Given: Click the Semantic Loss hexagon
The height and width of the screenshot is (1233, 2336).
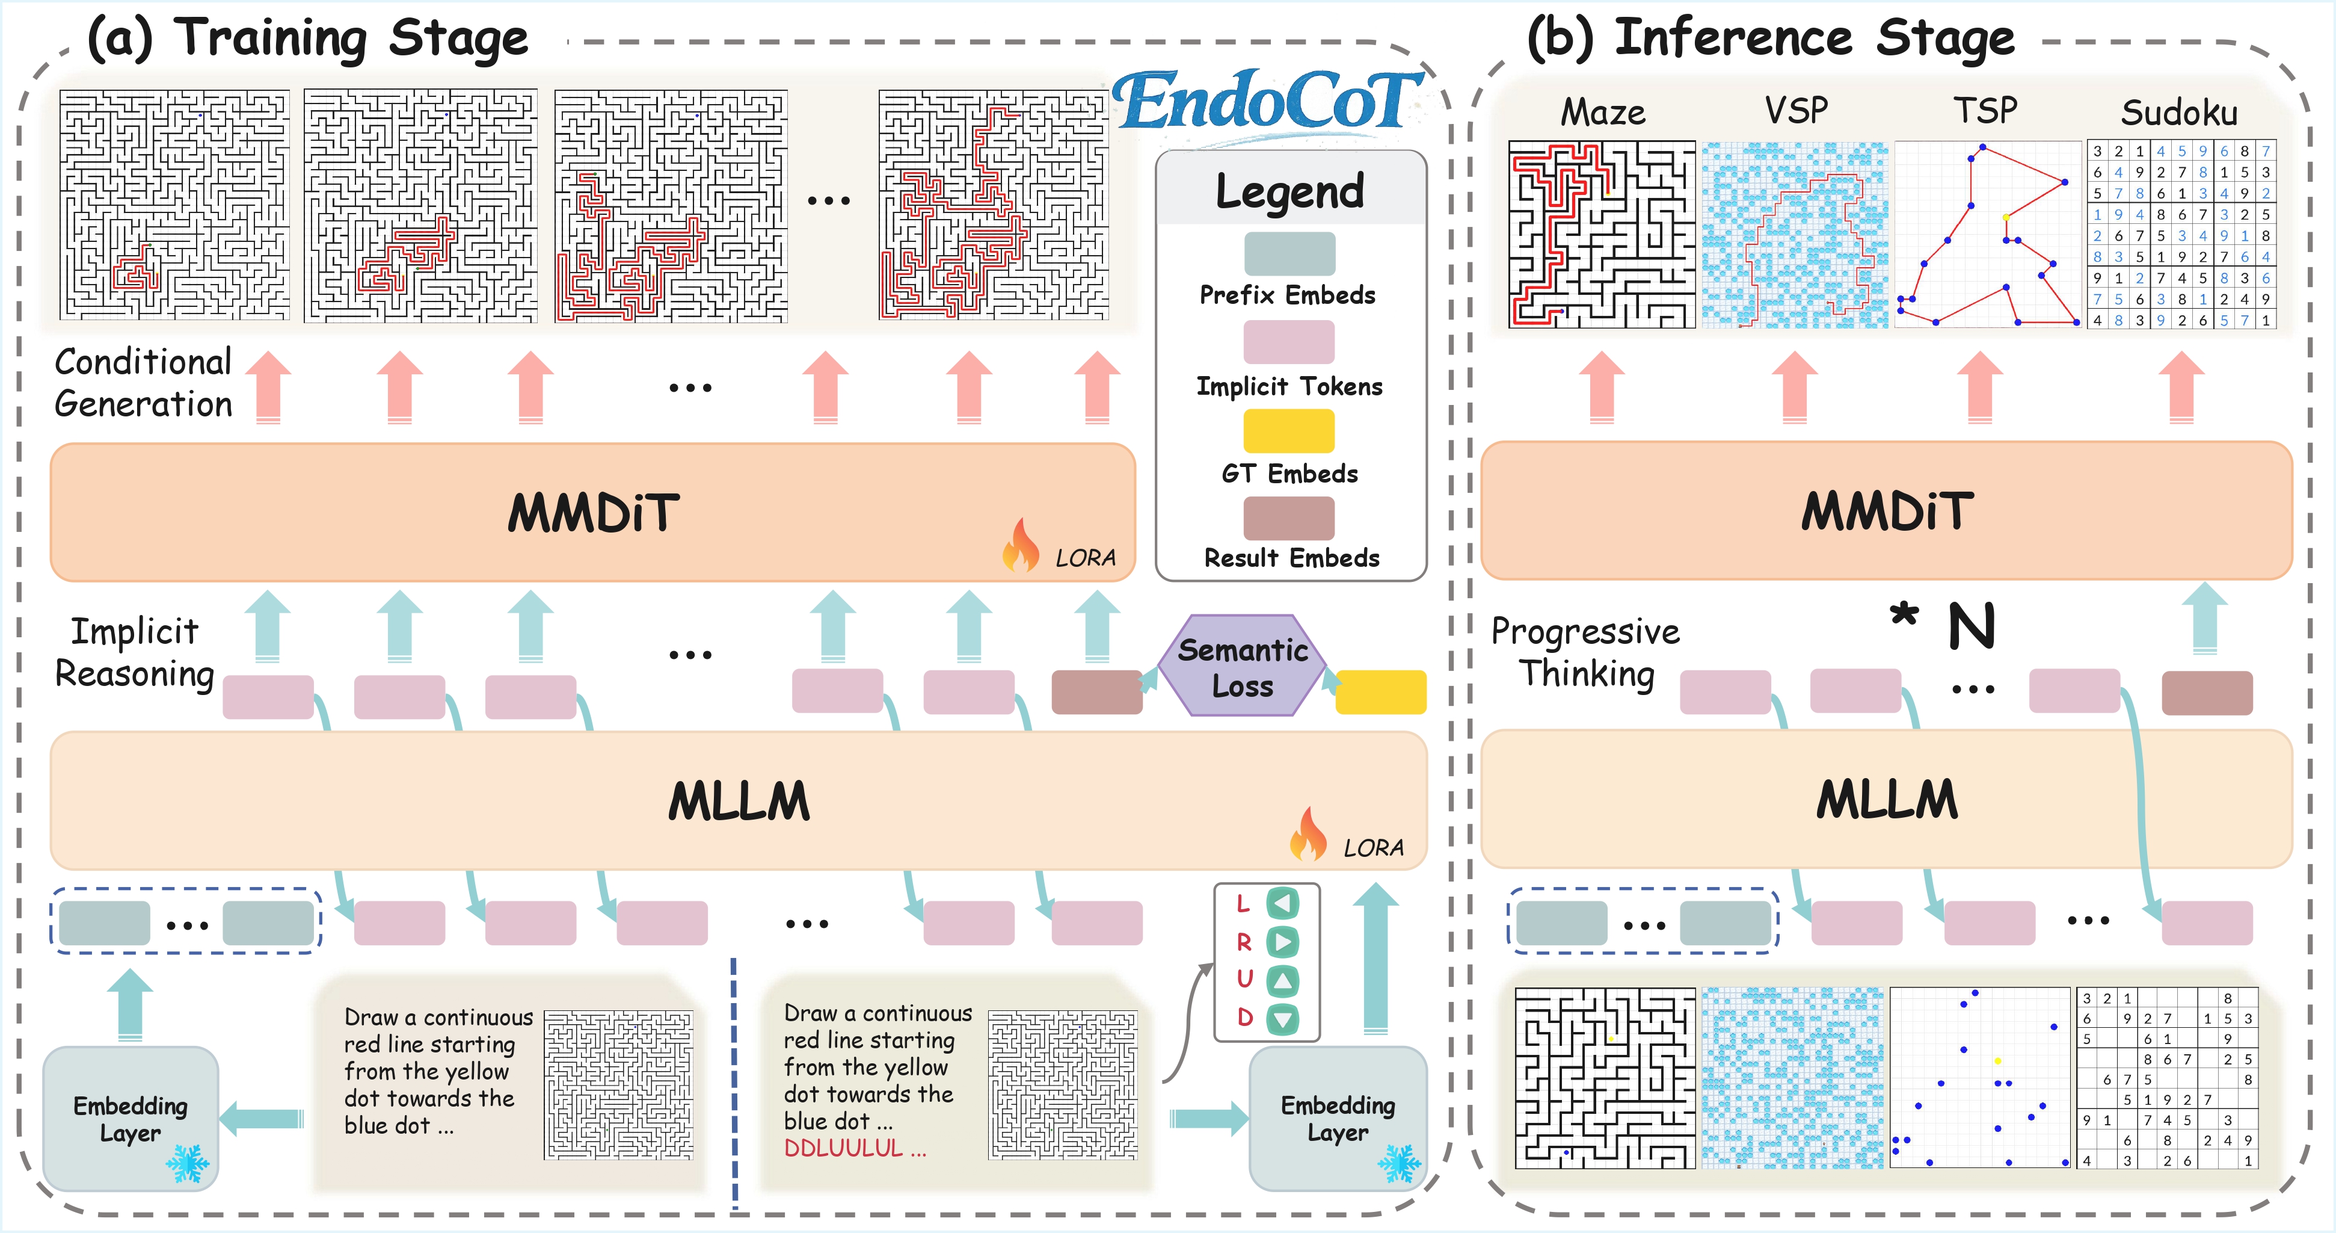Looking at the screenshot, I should (1243, 667).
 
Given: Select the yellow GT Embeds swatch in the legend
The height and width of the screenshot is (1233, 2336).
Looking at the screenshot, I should (1289, 431).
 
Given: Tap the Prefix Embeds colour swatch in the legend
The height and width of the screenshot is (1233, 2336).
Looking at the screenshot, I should (1289, 254).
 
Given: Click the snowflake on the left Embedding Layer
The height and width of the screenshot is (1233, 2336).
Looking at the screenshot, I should (188, 1163).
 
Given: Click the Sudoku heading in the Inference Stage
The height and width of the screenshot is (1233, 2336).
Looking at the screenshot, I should (2179, 113).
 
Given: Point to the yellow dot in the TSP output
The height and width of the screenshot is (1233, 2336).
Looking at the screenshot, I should (2006, 217).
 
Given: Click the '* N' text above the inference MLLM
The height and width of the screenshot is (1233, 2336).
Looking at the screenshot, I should (1941, 625).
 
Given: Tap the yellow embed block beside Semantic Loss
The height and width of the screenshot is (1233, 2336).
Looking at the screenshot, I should (1380, 692).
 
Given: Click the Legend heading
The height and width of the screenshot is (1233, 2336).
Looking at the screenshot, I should (1289, 191).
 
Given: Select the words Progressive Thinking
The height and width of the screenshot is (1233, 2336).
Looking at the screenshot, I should (1585, 652).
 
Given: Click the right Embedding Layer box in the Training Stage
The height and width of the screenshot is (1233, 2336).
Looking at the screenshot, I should (1338, 1118).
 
